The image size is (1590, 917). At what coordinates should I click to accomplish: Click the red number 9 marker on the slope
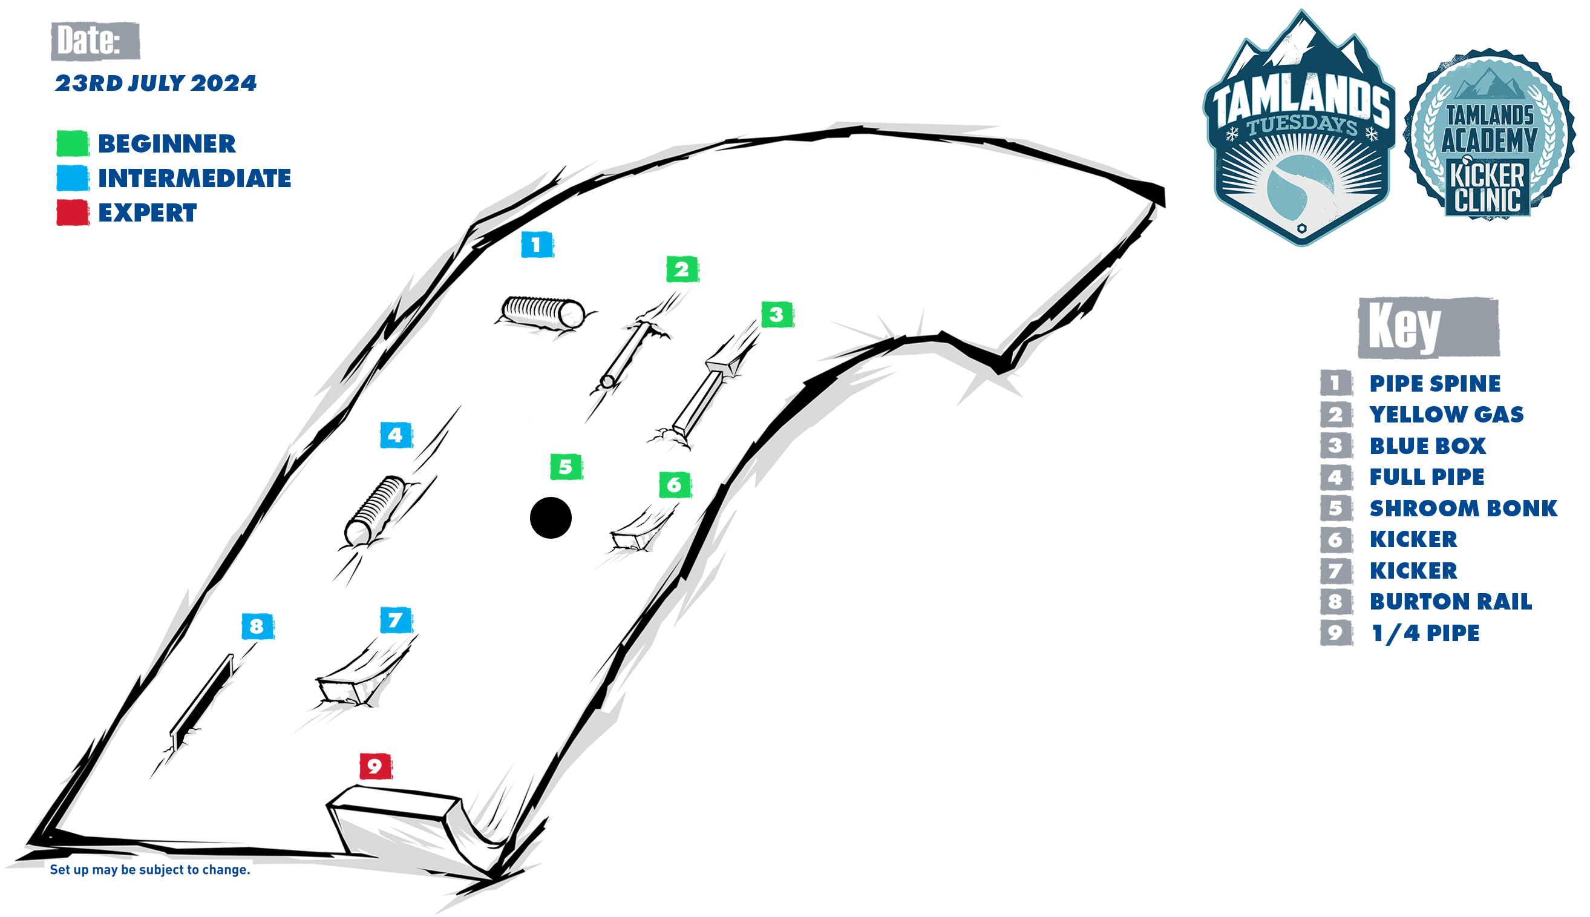(376, 766)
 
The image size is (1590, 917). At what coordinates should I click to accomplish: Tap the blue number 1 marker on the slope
(537, 245)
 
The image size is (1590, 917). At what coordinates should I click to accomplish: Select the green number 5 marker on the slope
(566, 467)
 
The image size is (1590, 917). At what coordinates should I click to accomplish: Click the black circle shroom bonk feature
(551, 518)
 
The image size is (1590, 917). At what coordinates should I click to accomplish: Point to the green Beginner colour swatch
(73, 143)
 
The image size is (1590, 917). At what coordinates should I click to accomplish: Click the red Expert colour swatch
(73, 212)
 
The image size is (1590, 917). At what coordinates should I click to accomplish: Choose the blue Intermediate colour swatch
(73, 177)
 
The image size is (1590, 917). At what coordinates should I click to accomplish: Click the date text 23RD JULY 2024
(155, 83)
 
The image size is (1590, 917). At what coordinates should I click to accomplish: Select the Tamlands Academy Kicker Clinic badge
(1490, 135)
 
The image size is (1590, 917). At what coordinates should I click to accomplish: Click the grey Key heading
(1428, 327)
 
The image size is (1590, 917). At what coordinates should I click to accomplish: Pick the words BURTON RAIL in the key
(1451, 602)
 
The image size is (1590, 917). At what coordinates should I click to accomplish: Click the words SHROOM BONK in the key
(1464, 508)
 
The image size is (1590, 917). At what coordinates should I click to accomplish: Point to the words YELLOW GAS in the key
(1447, 415)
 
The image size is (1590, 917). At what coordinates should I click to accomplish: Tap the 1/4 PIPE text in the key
(1425, 633)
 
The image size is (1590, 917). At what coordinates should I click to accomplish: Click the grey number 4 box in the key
(1336, 477)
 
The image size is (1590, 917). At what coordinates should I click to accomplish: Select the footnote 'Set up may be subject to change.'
(150, 870)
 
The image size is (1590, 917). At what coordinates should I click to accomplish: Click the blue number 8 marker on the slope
(258, 626)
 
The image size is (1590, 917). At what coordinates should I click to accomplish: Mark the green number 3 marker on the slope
(777, 314)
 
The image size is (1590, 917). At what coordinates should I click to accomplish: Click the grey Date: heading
(95, 41)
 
